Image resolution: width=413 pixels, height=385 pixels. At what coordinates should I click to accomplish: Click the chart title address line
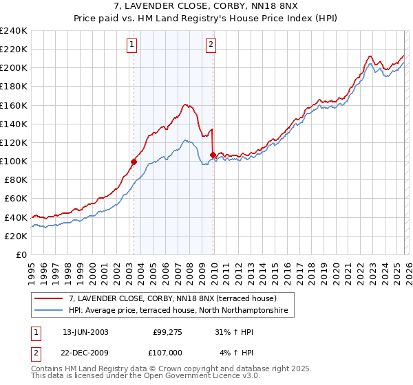206,6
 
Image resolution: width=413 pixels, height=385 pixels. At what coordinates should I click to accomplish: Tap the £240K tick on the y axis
14,31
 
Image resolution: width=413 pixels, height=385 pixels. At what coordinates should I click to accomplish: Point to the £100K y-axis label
14,161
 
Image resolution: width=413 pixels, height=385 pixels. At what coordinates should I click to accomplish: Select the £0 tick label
21,254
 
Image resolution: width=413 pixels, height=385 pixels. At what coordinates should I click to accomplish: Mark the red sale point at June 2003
134,162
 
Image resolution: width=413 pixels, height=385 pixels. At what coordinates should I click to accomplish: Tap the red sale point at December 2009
213,155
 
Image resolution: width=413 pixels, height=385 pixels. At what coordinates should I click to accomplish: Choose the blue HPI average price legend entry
180,311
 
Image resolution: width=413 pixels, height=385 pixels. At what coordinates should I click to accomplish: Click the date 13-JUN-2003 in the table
85,331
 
